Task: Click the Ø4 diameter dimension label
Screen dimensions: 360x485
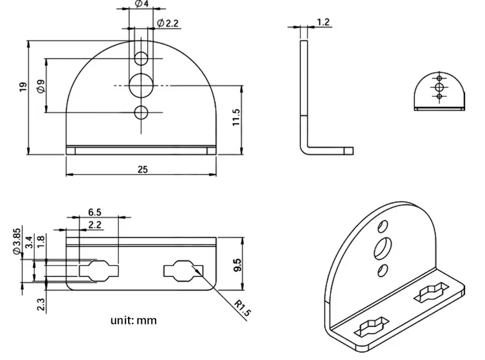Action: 141,4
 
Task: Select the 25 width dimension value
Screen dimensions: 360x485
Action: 142,170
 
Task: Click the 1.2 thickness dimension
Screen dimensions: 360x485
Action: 323,22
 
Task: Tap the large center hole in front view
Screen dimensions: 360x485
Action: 142,84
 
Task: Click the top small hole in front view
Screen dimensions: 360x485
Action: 142,59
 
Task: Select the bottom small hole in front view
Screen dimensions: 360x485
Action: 142,112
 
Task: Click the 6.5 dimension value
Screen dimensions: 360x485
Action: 95,211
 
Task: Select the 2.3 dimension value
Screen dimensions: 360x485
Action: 41,305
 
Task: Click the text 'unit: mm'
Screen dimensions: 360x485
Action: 134,321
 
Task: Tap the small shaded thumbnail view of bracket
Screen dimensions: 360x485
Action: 439,91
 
